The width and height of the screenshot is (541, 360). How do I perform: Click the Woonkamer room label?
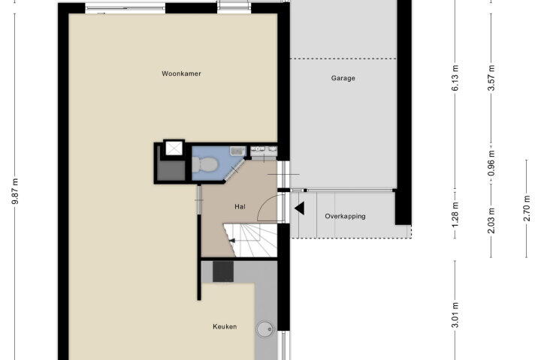point(181,73)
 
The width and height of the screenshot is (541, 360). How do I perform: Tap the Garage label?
point(343,78)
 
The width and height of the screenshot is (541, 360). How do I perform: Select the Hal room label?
point(240,207)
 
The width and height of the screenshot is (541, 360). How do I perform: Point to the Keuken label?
point(225,326)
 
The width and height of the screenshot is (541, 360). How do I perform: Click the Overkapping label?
point(345,216)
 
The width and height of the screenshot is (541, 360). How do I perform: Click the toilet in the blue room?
point(204,164)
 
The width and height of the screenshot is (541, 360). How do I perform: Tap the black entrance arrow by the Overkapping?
point(299,208)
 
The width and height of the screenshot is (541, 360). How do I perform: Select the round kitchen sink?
point(265,330)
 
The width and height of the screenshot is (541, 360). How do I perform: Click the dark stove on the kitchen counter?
point(223,271)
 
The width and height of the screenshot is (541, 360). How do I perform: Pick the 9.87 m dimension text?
point(15,191)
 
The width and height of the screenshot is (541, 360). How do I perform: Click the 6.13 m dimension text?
point(455,78)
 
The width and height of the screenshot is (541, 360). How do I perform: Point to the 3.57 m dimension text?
point(491,78)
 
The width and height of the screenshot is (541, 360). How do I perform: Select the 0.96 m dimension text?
point(491,163)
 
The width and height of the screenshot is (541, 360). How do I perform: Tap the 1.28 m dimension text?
point(455,214)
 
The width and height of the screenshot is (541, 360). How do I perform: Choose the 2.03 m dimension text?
point(491,220)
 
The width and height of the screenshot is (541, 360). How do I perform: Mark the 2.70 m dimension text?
point(527,208)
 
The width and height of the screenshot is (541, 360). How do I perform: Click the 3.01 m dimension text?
point(455,315)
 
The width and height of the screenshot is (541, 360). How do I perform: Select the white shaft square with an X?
point(174,148)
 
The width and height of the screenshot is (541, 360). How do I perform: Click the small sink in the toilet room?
point(237,151)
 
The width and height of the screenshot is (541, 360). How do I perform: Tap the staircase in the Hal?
point(251,241)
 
